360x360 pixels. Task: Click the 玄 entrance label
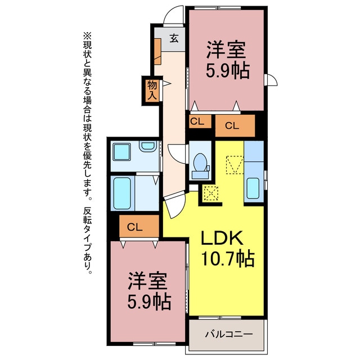click(x=174, y=39)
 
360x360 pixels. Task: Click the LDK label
click(x=222, y=239)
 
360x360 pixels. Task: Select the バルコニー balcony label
click(x=227, y=334)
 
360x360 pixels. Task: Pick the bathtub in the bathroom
click(x=123, y=193)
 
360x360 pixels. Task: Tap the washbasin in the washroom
click(x=148, y=147)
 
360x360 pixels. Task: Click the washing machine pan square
click(x=121, y=152)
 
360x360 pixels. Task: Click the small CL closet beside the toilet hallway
click(x=197, y=121)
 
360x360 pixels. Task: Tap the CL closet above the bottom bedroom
click(x=134, y=227)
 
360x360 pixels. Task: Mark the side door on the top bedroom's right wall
click(x=272, y=80)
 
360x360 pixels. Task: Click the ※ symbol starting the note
click(x=86, y=35)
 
